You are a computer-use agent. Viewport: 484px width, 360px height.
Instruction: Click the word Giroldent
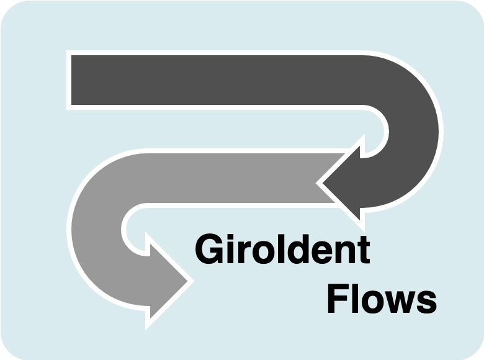(282, 250)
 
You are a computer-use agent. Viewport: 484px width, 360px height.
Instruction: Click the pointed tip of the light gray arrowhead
(187, 281)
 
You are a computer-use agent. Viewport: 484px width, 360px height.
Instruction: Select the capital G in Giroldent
(208, 250)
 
